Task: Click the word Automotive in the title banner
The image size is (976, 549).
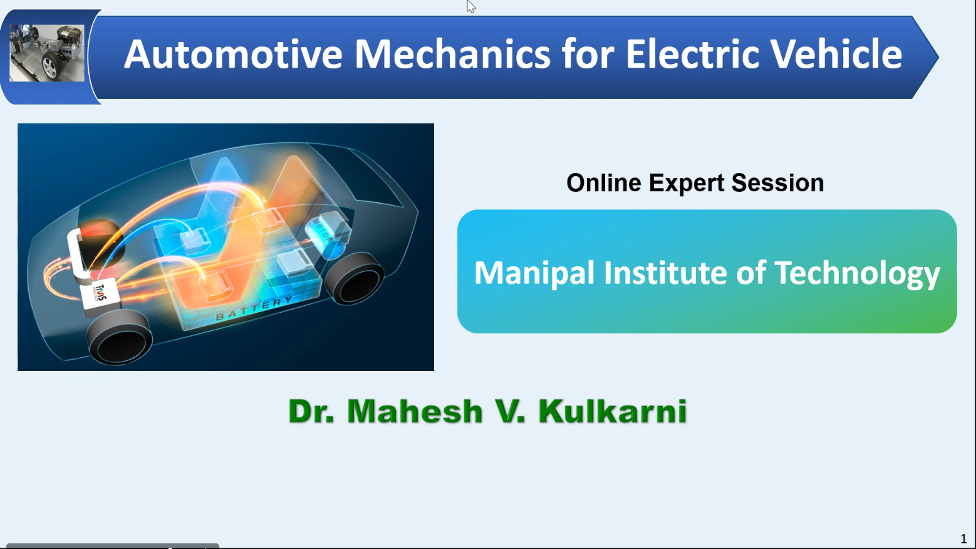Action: click(x=233, y=55)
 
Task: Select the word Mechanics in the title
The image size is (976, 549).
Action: click(x=452, y=55)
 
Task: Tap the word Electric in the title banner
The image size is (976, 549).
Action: click(x=693, y=55)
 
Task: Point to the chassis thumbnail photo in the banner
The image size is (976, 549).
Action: click(x=46, y=53)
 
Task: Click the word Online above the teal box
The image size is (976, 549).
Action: click(x=603, y=183)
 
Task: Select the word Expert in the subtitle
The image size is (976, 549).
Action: click(x=686, y=184)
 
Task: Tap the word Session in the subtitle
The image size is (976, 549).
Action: click(x=778, y=183)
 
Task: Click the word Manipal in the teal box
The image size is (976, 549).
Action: click(x=534, y=274)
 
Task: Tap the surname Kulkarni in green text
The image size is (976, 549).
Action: click(x=612, y=411)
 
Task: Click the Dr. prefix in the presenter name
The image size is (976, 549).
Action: click(x=311, y=411)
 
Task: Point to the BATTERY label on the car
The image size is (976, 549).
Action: click(x=254, y=308)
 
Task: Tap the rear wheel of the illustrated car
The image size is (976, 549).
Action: click(x=354, y=278)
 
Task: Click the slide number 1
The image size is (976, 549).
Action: click(x=963, y=539)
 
